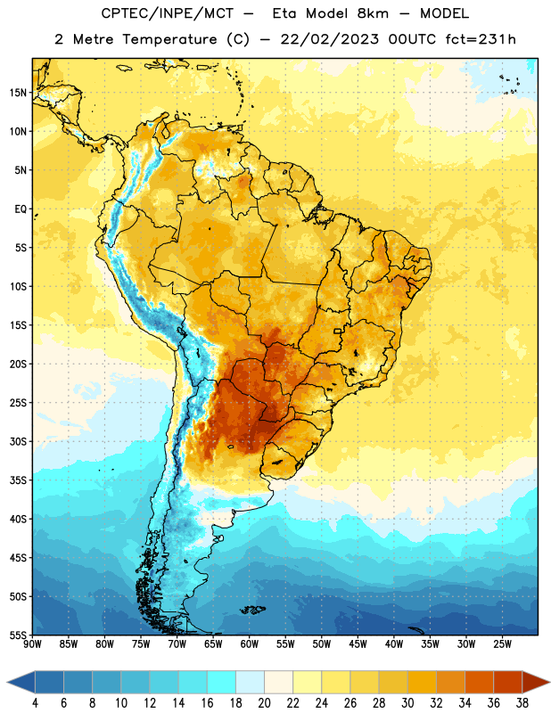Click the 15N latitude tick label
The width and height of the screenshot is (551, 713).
tap(18, 93)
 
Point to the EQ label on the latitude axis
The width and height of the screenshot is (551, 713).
tap(21, 209)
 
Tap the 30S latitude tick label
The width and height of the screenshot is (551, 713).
tap(18, 441)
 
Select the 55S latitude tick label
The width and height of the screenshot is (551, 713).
tap(18, 635)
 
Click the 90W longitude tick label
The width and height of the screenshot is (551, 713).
tap(32, 644)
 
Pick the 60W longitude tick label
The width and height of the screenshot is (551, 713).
tap(250, 644)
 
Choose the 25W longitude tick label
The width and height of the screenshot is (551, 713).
tap(502, 644)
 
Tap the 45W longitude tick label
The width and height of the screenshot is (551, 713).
tap(358, 644)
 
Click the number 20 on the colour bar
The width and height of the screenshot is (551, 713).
tap(264, 703)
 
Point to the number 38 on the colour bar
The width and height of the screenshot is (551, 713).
tap(522, 703)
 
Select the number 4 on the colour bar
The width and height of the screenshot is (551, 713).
tap(35, 703)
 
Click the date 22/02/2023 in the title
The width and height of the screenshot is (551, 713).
tap(329, 39)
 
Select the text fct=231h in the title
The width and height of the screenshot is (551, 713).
tap(481, 39)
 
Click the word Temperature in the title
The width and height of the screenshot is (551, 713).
tap(169, 40)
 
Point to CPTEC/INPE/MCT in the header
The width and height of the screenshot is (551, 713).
tap(168, 13)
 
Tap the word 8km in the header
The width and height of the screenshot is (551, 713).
tap(373, 13)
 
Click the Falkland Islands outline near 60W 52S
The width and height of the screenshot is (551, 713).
tap(252, 610)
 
